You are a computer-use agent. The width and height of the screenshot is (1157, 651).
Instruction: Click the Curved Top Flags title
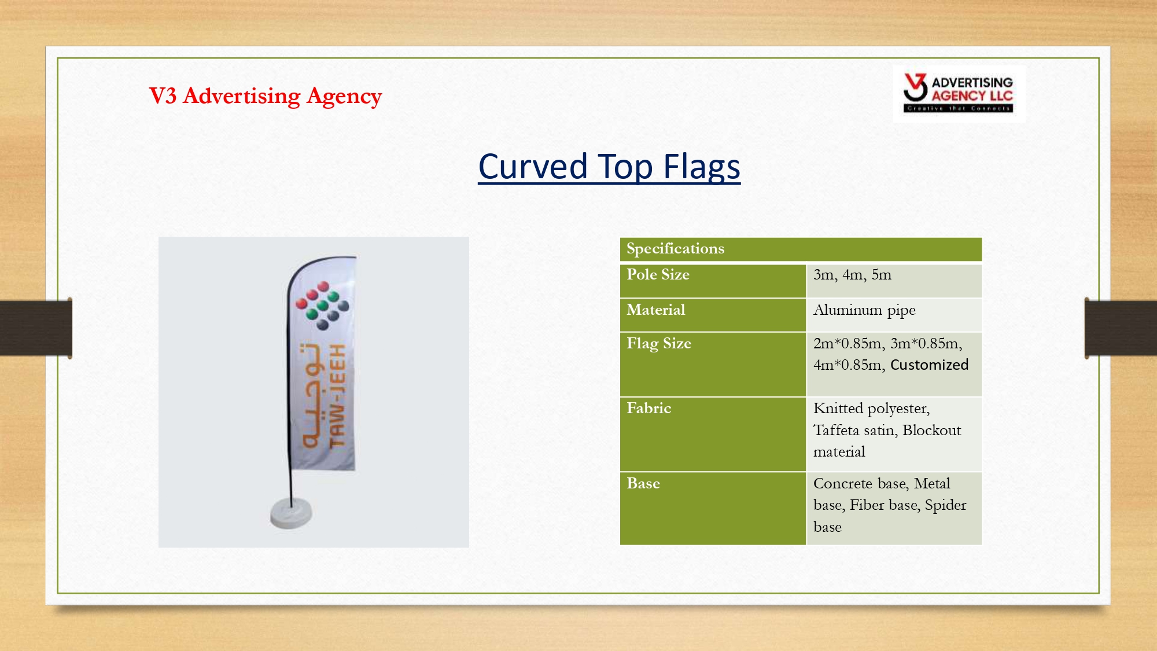pyautogui.click(x=609, y=167)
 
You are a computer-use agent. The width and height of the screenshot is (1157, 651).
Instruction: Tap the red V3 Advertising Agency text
pyautogui.click(x=266, y=96)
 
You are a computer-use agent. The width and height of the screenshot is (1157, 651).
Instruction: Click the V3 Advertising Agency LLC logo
pyautogui.click(x=958, y=93)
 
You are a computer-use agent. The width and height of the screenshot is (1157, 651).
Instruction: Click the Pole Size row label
pyautogui.click(x=658, y=274)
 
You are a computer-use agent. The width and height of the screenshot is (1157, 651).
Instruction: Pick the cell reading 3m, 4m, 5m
pyautogui.click(x=852, y=274)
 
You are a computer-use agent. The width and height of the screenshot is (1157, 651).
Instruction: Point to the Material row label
pyautogui.click(x=655, y=310)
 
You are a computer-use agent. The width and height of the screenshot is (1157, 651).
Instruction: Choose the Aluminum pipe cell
pyautogui.click(x=864, y=310)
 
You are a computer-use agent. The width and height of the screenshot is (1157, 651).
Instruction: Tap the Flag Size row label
pyautogui.click(x=659, y=343)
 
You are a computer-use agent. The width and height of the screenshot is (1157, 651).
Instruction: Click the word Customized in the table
pyautogui.click(x=929, y=365)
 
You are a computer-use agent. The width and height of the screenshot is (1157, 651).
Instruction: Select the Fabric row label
pyautogui.click(x=648, y=408)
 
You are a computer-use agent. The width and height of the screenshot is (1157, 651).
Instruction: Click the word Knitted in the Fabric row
pyautogui.click(x=838, y=408)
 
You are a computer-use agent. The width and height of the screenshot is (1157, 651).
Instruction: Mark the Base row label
pyautogui.click(x=643, y=483)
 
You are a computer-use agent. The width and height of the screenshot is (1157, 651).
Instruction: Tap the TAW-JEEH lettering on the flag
pyautogui.click(x=337, y=396)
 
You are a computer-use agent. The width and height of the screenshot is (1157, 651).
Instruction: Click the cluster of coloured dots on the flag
pyautogui.click(x=322, y=305)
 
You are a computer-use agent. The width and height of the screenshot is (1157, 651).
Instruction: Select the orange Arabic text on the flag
pyautogui.click(x=312, y=396)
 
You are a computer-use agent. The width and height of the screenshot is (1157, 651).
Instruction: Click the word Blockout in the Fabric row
pyautogui.click(x=931, y=430)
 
